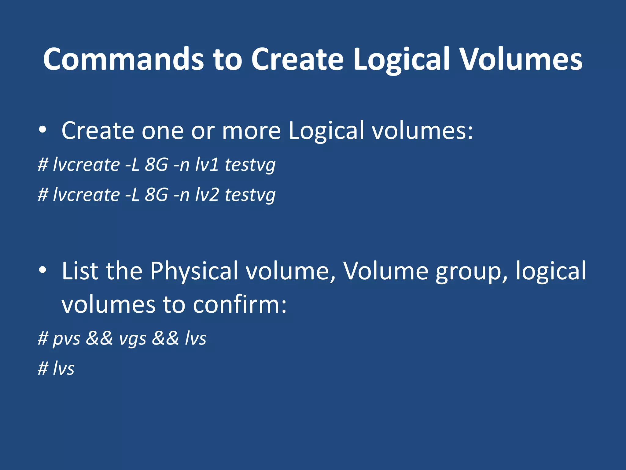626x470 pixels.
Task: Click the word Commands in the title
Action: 123,59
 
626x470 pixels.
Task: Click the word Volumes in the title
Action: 521,59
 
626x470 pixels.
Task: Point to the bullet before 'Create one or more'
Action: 42,130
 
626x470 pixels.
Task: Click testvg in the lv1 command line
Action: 250,165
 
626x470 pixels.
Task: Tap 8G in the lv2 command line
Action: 156,194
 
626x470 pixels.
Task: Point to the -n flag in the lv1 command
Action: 181,165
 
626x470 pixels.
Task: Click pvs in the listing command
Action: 67,339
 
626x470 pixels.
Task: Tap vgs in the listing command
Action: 133,339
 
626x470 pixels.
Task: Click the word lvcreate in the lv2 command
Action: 86,194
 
